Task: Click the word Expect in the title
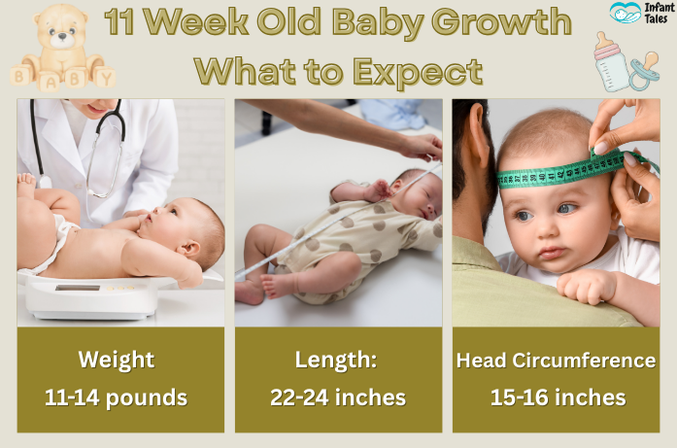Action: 422,71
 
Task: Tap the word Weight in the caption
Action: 117,361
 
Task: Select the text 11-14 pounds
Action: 117,396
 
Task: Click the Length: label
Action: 337,361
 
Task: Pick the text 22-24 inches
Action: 337,396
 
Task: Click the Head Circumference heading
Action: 556,361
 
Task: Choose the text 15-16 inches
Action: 556,396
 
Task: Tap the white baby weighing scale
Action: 92,296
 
